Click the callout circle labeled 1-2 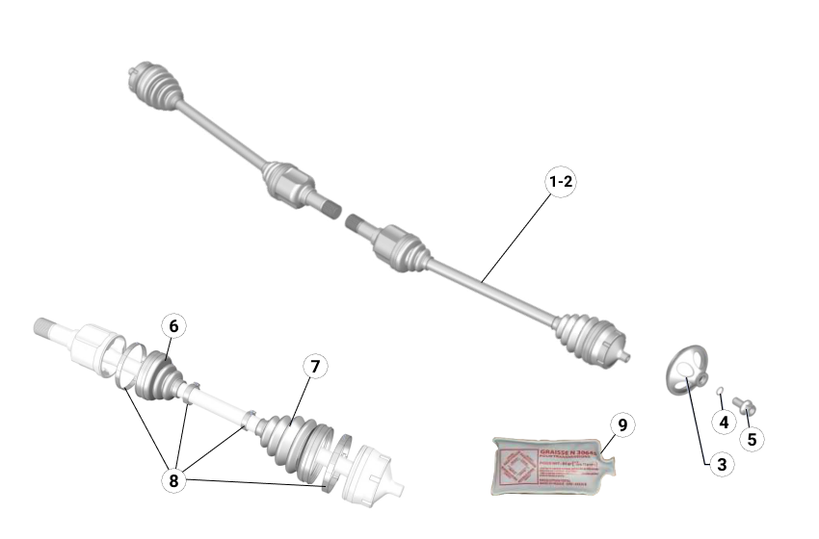(561, 181)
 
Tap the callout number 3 (720, 464)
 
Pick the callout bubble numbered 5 (752, 439)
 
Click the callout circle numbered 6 (173, 326)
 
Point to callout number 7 (313, 366)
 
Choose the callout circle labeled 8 (174, 479)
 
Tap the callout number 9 (622, 424)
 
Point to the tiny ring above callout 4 (721, 391)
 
